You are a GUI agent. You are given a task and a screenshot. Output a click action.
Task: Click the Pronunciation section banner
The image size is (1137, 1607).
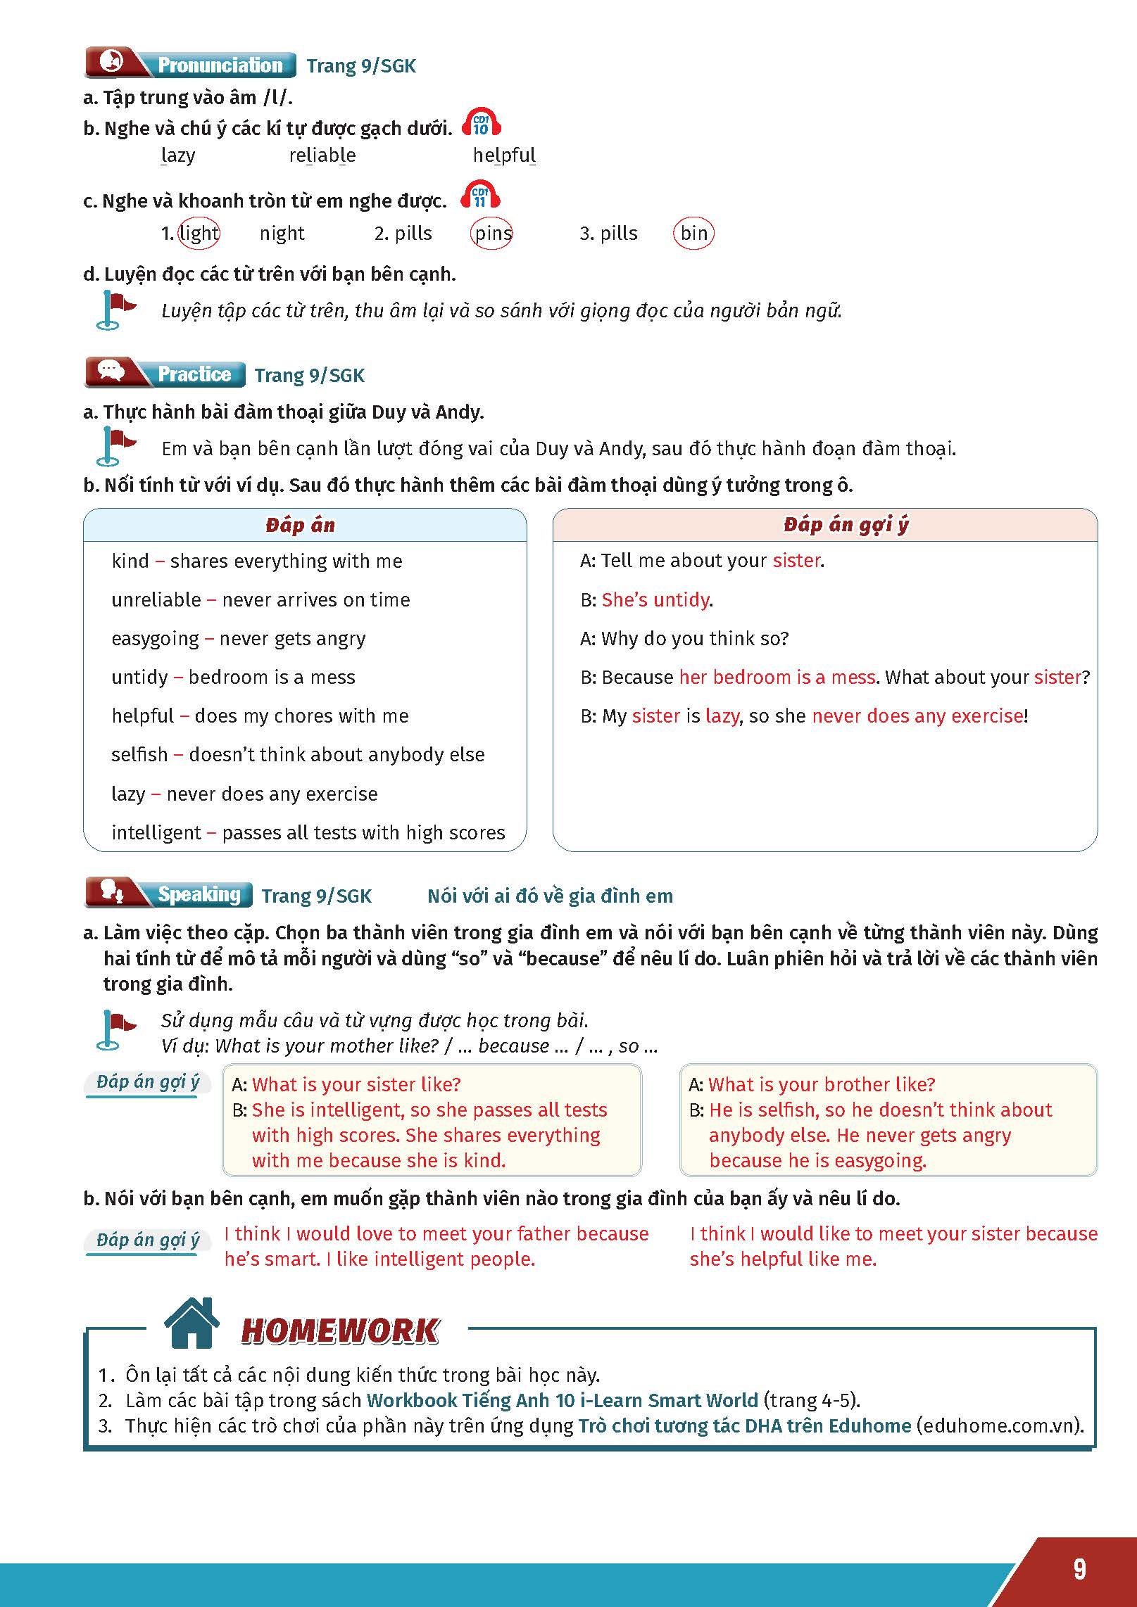(x=190, y=64)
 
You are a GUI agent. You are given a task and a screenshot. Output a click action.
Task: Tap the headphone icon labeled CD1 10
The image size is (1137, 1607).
(x=481, y=123)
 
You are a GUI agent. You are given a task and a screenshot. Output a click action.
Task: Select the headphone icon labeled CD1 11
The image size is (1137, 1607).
(x=480, y=196)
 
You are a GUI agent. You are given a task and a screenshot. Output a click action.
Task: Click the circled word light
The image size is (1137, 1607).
(x=199, y=233)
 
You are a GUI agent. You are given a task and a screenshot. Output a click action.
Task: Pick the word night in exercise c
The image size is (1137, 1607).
(x=282, y=233)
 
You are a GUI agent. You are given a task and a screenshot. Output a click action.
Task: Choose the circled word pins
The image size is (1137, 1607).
(x=491, y=233)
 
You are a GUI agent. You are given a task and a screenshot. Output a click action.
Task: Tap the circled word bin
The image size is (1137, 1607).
(x=693, y=233)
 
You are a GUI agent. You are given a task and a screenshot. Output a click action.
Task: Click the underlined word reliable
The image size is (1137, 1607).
(x=322, y=155)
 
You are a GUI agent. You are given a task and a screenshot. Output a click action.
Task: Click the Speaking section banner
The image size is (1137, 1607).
(x=169, y=894)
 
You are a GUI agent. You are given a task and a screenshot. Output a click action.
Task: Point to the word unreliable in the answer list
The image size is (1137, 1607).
(x=156, y=599)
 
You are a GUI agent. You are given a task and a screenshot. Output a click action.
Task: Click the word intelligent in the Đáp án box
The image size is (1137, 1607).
(x=156, y=832)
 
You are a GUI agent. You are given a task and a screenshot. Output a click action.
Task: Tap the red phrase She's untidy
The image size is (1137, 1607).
(x=655, y=599)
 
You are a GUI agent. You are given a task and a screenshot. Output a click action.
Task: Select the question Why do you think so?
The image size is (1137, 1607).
(x=694, y=638)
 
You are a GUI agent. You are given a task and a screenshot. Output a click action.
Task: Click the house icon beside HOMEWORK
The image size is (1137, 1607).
(x=191, y=1323)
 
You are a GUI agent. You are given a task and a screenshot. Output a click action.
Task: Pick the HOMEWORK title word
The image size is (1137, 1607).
(x=340, y=1330)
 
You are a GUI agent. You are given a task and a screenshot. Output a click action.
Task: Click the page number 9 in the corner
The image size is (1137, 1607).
(x=1079, y=1569)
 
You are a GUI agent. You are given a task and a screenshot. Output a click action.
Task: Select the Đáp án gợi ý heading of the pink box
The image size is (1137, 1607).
(x=846, y=524)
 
